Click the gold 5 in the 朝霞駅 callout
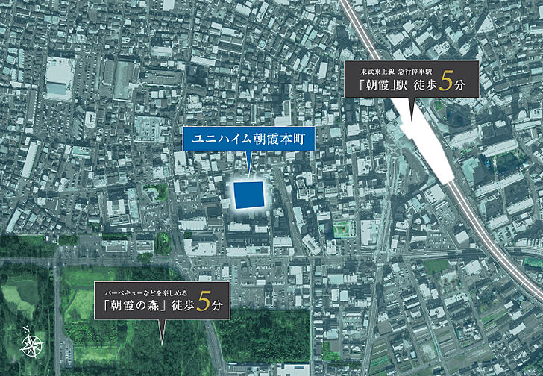click(446, 83)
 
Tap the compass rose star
click(31, 346)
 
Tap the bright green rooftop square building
click(341, 228)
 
